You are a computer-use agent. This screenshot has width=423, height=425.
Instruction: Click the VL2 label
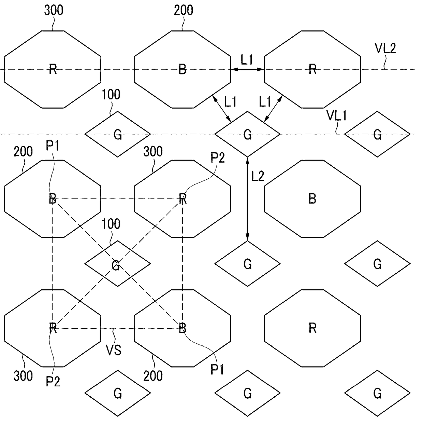point(385,49)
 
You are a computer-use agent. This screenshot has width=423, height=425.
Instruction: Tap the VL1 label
point(336,116)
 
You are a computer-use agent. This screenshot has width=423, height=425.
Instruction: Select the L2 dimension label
point(258,176)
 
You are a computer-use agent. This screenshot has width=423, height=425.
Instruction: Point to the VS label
point(114,350)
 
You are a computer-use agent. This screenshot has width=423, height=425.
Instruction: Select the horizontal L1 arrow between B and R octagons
point(247,69)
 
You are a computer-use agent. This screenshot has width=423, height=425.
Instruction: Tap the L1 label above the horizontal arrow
point(247,60)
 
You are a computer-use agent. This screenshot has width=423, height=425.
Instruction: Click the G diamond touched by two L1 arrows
point(247,134)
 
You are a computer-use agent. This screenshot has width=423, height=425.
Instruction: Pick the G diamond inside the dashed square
point(117,264)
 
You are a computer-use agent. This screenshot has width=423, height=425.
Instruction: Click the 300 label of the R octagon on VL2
point(54,10)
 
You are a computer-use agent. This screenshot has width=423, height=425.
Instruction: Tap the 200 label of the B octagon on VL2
point(184,10)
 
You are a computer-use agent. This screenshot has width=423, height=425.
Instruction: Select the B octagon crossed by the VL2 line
point(183,69)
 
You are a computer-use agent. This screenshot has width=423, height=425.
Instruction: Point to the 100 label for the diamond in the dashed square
point(111,224)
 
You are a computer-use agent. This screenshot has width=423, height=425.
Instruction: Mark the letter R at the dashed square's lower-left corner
point(53,328)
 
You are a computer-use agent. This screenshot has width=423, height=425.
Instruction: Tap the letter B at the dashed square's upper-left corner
point(53,198)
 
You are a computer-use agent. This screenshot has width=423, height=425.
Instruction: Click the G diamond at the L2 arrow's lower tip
point(247,264)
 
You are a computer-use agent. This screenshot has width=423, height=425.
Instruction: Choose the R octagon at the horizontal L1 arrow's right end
point(312,69)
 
